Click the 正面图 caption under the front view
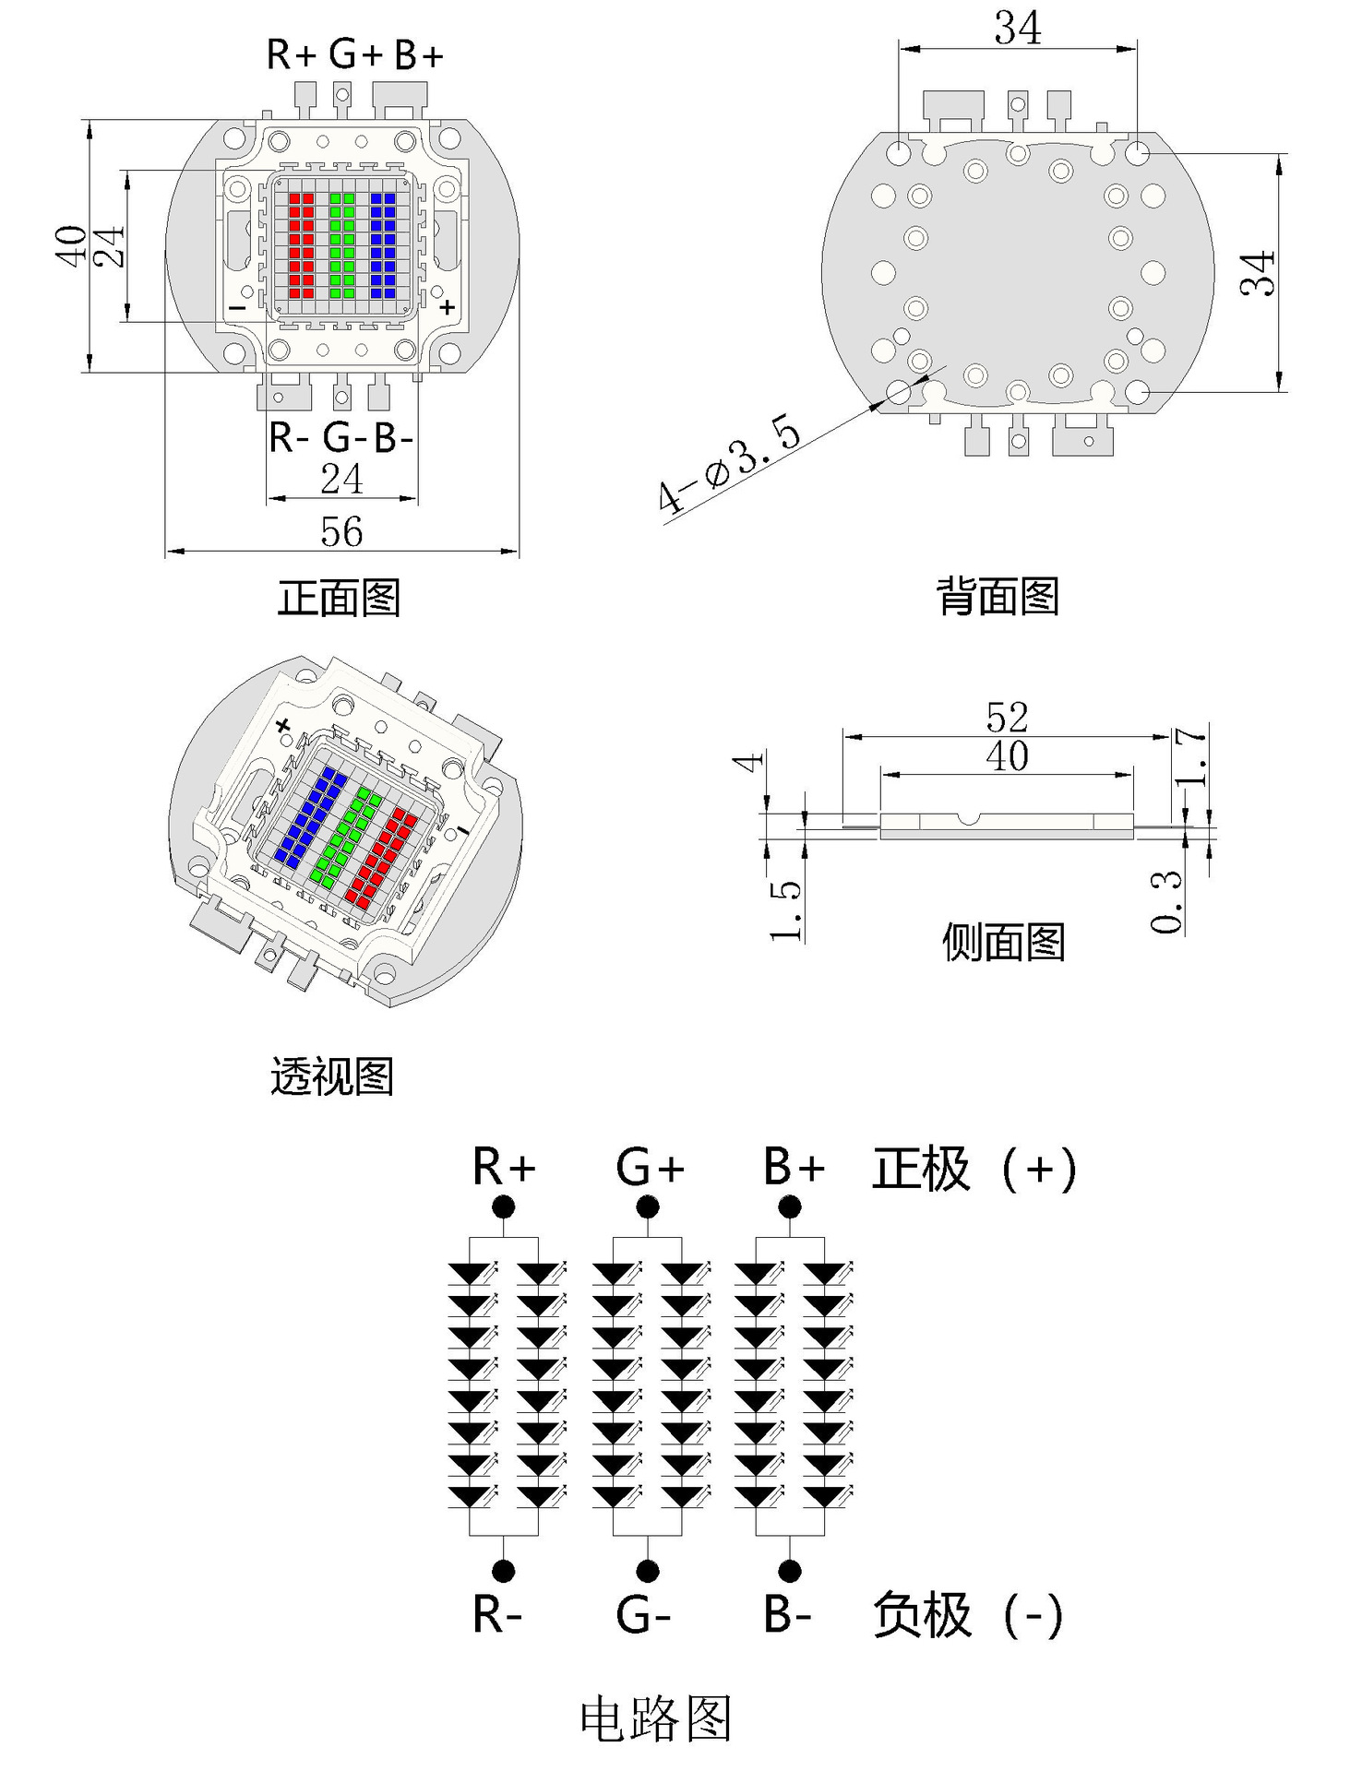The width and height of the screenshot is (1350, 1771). pos(339,598)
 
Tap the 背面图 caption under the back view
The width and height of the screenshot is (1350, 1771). pos(998,596)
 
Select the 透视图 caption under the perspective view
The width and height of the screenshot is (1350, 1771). pos(332,1076)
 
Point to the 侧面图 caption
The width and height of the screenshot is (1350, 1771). pos(1003,942)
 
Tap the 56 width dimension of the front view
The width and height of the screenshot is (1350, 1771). pos(341,531)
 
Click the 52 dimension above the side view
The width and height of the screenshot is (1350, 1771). pos(1007,717)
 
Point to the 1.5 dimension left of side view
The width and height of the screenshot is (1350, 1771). pos(785,909)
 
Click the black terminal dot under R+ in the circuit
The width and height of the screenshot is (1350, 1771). pos(503,1206)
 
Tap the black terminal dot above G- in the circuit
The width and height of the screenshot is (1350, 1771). pos(647,1571)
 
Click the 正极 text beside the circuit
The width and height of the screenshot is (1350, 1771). pos(921,1169)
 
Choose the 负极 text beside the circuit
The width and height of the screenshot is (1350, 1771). pos(921,1614)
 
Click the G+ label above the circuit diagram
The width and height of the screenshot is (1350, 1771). pos(650,1168)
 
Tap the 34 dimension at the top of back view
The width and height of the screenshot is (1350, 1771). pos(1017,28)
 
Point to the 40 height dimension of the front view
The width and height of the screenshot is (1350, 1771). pos(72,246)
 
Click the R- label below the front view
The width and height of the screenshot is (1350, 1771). pos(289,436)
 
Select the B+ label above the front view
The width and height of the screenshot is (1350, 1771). pos(419,55)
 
